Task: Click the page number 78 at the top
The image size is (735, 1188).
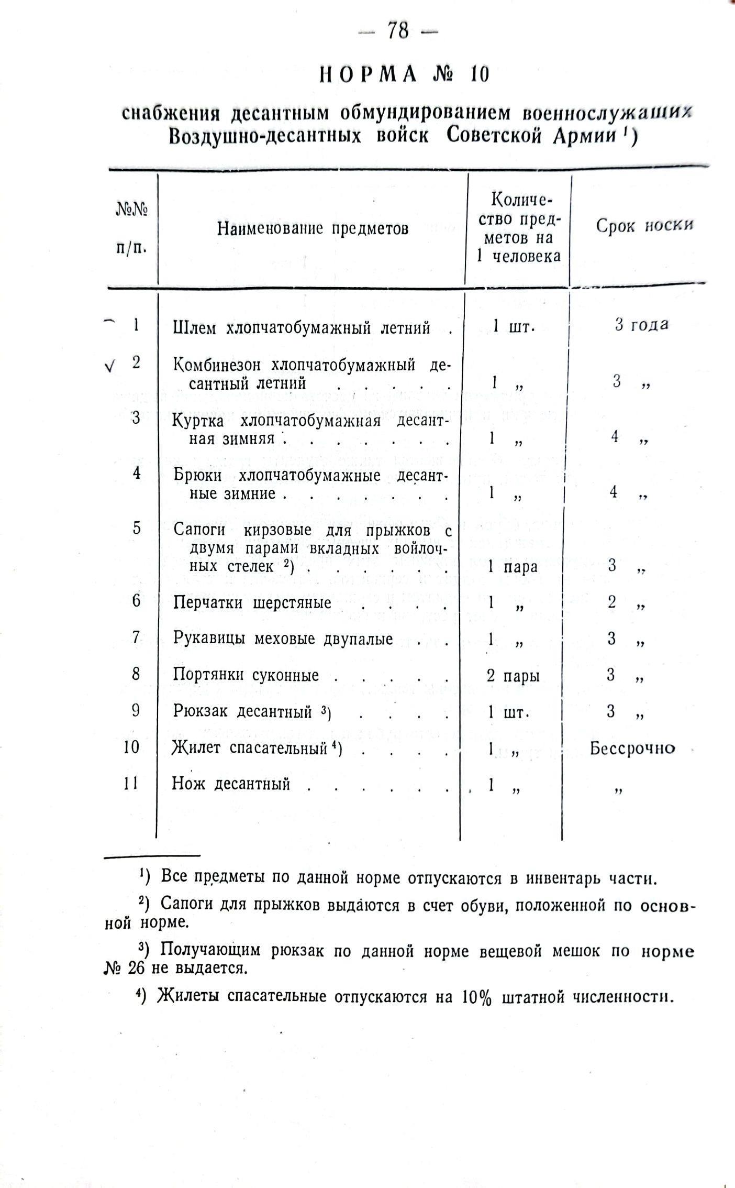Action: click(398, 31)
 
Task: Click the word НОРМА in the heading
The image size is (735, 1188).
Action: click(369, 75)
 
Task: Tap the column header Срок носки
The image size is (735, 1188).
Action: click(644, 226)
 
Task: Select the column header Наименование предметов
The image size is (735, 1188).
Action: click(313, 228)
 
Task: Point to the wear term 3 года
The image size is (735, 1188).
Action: click(641, 325)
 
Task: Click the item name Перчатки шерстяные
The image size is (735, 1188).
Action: click(252, 602)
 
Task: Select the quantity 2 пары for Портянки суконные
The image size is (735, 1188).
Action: click(513, 676)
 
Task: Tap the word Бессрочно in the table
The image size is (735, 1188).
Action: click(632, 748)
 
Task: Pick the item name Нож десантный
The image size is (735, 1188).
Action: click(231, 784)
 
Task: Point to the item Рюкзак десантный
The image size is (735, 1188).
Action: click(243, 711)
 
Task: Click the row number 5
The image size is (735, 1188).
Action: click(136, 528)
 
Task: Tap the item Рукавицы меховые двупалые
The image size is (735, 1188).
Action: click(283, 639)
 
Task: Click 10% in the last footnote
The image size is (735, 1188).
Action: click(476, 997)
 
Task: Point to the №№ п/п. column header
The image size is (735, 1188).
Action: click(131, 228)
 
